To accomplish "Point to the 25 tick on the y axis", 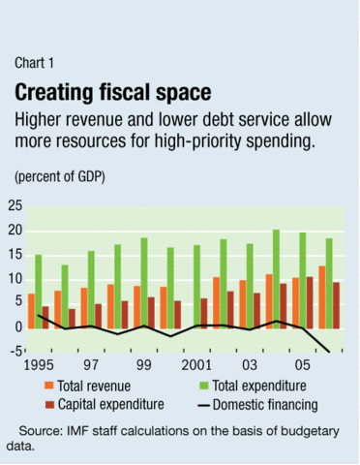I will click(15, 204).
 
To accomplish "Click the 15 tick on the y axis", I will click(15, 254).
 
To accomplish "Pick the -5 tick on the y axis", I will click(15, 352).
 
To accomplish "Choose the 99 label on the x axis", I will click(144, 369).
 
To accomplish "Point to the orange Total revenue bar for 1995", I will click(31, 310).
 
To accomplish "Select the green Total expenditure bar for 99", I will click(143, 282).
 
